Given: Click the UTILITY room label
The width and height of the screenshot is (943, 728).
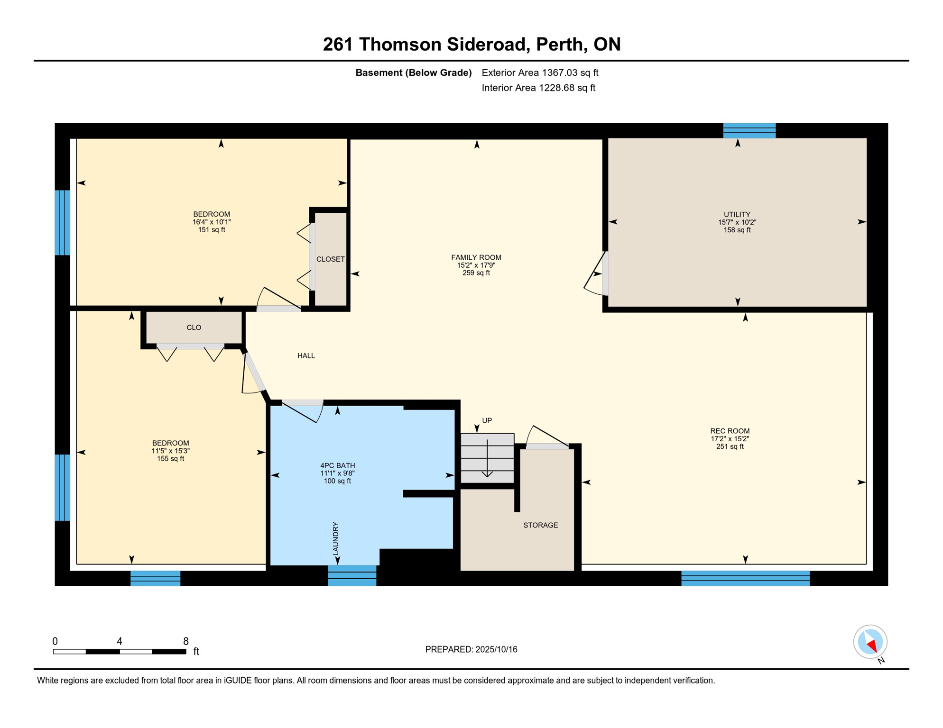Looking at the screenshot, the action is click(x=737, y=214).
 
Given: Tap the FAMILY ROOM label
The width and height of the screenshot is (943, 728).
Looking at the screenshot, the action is click(x=476, y=257).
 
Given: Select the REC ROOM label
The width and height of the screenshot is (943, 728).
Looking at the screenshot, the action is click(x=730, y=431).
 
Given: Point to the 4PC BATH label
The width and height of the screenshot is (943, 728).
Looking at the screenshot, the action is click(x=337, y=465).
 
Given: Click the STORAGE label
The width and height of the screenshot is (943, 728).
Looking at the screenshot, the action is click(x=540, y=525).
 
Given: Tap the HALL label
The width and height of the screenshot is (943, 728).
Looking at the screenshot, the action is click(x=306, y=355).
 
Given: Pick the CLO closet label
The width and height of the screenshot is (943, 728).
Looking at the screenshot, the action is click(x=194, y=328).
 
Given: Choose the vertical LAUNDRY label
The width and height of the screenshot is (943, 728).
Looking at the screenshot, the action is click(x=336, y=538).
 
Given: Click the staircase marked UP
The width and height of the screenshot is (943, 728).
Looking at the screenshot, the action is click(x=487, y=458).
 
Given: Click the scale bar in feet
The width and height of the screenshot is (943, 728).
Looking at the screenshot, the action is click(x=120, y=652).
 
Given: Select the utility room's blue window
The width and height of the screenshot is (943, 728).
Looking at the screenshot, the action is click(x=749, y=130).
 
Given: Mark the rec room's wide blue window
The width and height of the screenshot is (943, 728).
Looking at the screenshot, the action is click(x=745, y=578).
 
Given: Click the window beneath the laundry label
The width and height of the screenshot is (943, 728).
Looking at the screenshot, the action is click(x=352, y=575).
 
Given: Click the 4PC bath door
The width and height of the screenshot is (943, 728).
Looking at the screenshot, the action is click(x=303, y=411).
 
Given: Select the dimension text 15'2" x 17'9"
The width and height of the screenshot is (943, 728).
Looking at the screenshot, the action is click(x=476, y=265).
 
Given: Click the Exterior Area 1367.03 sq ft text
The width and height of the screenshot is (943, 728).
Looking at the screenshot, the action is click(x=540, y=73).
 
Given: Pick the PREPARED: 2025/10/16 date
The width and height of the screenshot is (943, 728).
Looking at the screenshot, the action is click(x=471, y=649).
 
